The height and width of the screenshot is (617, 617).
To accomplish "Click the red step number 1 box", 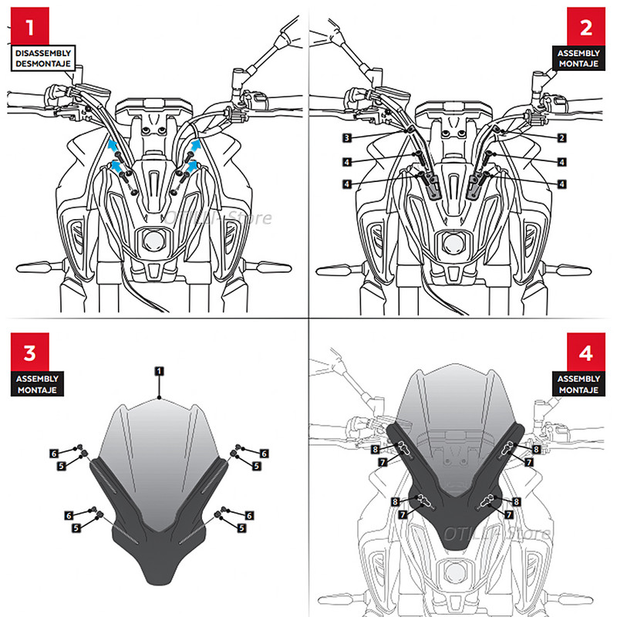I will [x=30, y=29].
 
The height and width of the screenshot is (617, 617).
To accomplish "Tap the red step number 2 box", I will [x=585, y=29].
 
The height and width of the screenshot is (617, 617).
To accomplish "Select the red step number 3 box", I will [x=30, y=354].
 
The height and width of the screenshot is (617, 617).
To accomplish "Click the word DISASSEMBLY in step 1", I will [x=41, y=53].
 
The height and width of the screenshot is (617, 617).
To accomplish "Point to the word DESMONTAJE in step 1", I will [x=41, y=64].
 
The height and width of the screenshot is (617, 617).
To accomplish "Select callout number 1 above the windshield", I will [x=158, y=372].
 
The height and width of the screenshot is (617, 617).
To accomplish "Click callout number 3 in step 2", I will [x=349, y=138].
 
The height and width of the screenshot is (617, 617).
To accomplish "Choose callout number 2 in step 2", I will [x=562, y=138].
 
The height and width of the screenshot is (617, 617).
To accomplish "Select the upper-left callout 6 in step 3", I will [x=54, y=453].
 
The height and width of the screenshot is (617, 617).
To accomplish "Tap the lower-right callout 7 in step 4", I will [x=508, y=513].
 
